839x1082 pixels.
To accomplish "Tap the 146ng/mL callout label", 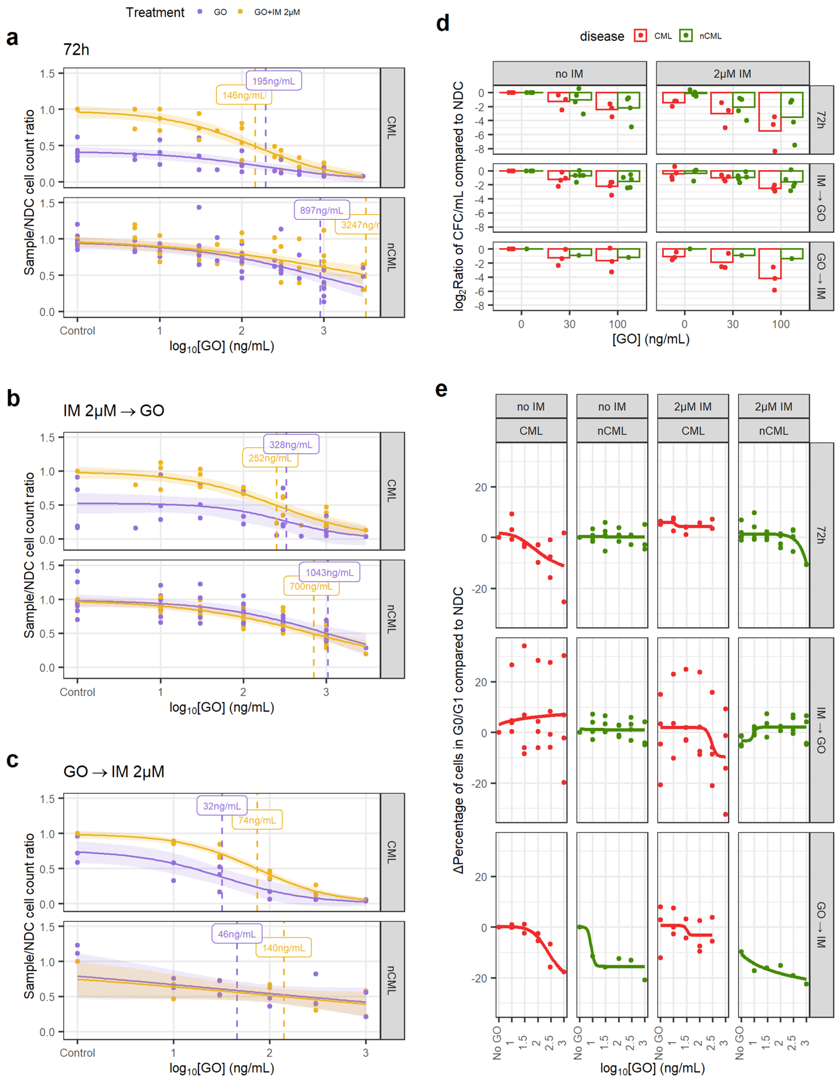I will (244, 95).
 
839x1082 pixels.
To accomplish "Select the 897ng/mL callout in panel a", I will (321, 210).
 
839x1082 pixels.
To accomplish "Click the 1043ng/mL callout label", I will (329, 572).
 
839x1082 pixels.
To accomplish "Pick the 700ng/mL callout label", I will (311, 586).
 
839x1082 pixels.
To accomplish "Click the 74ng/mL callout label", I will (257, 820).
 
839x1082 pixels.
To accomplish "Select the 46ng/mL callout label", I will (237, 934).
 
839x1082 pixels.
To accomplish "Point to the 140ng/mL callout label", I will (283, 948).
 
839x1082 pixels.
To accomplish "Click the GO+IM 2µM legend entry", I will (276, 12).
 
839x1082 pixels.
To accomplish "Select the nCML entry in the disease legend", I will (710, 36).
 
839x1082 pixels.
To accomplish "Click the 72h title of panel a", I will (76, 49).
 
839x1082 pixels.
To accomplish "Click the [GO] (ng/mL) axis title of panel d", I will (651, 339).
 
